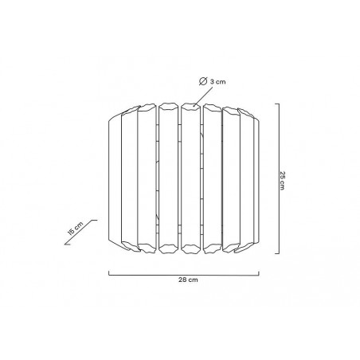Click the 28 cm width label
click(x=188, y=280)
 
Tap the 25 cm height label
click(x=282, y=181)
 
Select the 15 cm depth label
click(x=76, y=228)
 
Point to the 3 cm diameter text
click(x=217, y=82)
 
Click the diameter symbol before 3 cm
click(x=203, y=81)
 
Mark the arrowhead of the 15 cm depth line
click(x=66, y=244)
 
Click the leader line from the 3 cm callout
click(x=203, y=96)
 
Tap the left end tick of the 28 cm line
click(x=109, y=273)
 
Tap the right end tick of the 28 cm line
click(x=259, y=273)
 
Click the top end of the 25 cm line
click(x=279, y=104)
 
